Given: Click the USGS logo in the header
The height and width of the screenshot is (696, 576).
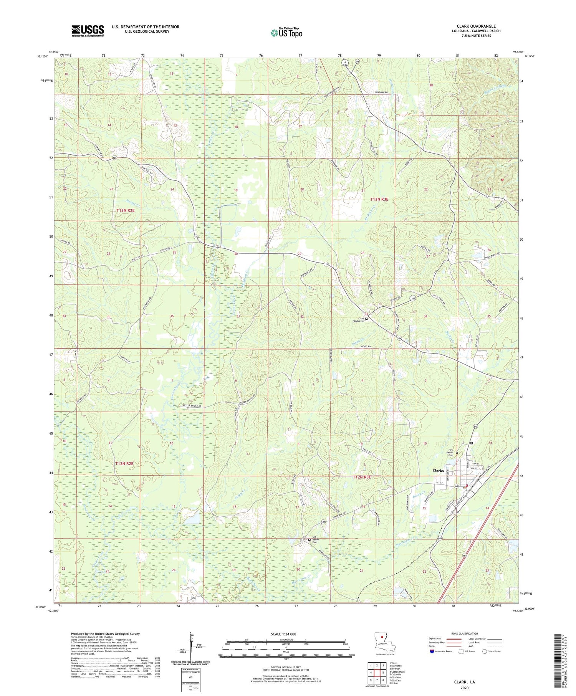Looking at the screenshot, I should coord(88,31).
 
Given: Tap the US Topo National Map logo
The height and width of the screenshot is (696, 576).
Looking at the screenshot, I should coord(286,33).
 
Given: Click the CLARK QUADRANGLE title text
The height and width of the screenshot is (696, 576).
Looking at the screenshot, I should coord(476,26).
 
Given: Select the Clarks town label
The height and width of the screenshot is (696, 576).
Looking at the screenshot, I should coord(438,470).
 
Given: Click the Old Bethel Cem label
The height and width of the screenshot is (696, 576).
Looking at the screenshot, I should coord(316,540).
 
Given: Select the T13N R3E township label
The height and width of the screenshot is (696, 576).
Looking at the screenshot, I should coord(379,199).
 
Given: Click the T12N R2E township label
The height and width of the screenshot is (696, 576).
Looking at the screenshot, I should coord(124,463).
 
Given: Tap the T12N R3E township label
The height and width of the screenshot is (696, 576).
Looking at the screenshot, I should coord(362,477).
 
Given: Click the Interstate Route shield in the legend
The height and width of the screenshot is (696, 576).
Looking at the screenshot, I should coord(432,651).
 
